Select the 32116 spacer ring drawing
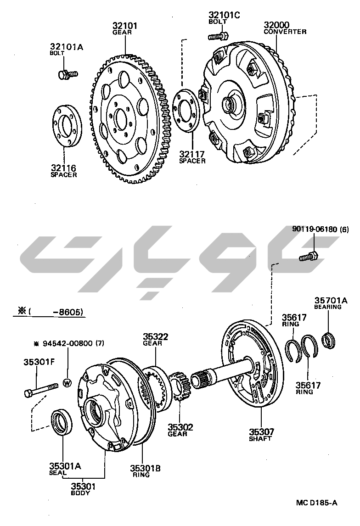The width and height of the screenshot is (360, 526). tap(66, 126)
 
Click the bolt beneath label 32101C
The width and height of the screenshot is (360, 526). tap(218, 36)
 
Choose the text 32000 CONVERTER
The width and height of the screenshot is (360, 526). tap(285, 28)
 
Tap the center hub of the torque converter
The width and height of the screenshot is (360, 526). tap(229, 104)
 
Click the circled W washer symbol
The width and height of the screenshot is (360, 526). tap(67, 382)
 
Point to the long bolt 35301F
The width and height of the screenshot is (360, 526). tap(41, 392)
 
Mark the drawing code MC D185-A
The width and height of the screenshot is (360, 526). tap(316, 503)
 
